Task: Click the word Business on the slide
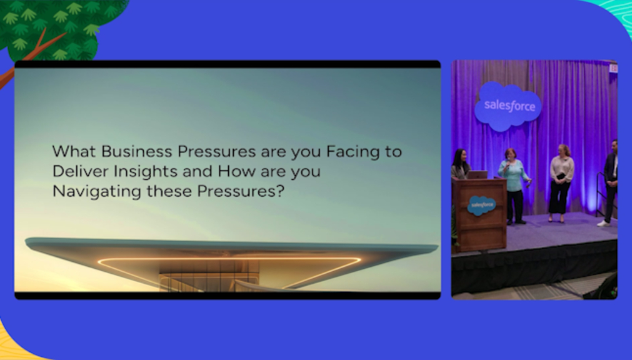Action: (x=137, y=152)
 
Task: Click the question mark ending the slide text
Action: (x=281, y=191)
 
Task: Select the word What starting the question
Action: (x=74, y=152)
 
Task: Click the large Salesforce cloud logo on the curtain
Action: (x=508, y=106)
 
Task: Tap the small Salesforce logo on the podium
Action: (x=482, y=206)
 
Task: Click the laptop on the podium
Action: (x=477, y=174)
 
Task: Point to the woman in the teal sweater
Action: (x=514, y=186)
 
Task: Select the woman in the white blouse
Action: (x=561, y=183)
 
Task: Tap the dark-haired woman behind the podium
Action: (x=460, y=164)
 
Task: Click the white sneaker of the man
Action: (x=603, y=223)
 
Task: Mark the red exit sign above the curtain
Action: (x=613, y=68)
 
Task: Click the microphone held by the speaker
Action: (x=508, y=164)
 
